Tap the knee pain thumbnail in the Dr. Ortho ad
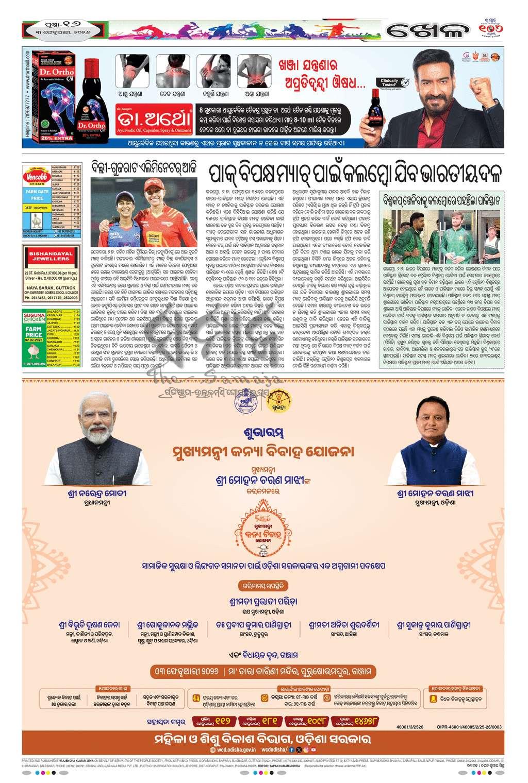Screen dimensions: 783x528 pyautogui.click(x=131, y=71)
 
